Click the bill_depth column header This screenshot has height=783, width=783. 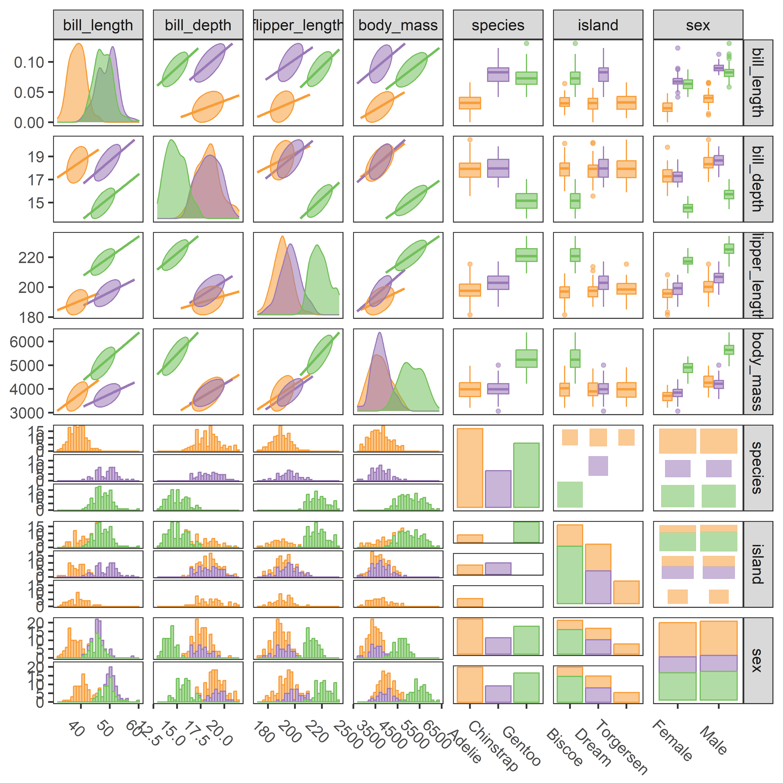tap(198, 25)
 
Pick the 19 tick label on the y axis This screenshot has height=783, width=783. tap(36, 156)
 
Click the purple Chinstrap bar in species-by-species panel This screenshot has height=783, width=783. tap(498, 489)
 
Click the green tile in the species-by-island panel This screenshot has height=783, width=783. tap(570, 494)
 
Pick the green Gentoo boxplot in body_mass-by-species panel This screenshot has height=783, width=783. tap(526, 359)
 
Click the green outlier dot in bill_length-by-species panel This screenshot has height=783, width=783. tap(526, 43)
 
